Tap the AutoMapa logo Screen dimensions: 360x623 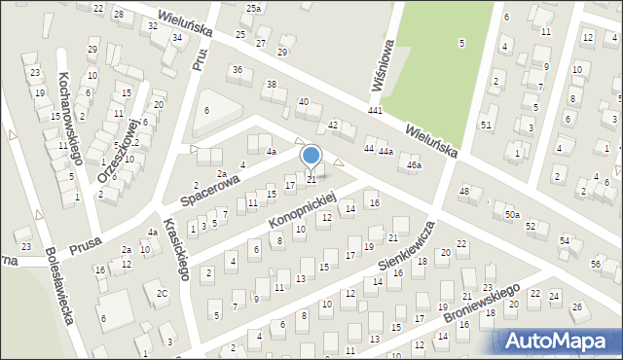click(x=561, y=342)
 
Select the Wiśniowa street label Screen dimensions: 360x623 click(x=382, y=66)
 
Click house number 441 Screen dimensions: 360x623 click(x=375, y=112)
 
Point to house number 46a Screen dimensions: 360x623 click(x=415, y=165)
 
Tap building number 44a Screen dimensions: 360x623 click(x=385, y=152)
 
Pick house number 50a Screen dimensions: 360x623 click(x=512, y=214)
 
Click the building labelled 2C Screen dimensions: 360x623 click(x=162, y=293)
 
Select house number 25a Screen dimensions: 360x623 click(x=253, y=8)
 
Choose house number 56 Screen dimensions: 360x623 click(x=594, y=265)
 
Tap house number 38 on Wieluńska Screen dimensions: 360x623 click(x=272, y=85)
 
